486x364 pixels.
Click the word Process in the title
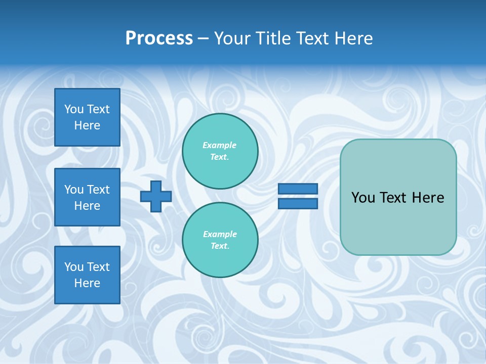pos(159,38)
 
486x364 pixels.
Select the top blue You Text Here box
pos(87,117)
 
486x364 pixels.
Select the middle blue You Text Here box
pos(87,197)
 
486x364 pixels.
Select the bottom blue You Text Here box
pos(87,275)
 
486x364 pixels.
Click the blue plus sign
pos(156,197)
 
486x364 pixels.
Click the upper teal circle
pos(220,151)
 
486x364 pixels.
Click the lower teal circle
pos(220,240)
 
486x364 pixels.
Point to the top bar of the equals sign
pos(298,189)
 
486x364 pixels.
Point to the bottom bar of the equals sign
pos(298,204)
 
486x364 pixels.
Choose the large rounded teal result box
pos(398,222)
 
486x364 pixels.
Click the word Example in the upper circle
pos(219,145)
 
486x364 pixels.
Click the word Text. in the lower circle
pos(220,246)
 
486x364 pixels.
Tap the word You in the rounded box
pos(362,198)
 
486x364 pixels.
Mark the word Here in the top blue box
pos(87,125)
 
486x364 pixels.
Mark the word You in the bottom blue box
pos(74,267)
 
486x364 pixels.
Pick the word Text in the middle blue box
pos(98,190)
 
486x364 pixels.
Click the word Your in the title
pos(232,38)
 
